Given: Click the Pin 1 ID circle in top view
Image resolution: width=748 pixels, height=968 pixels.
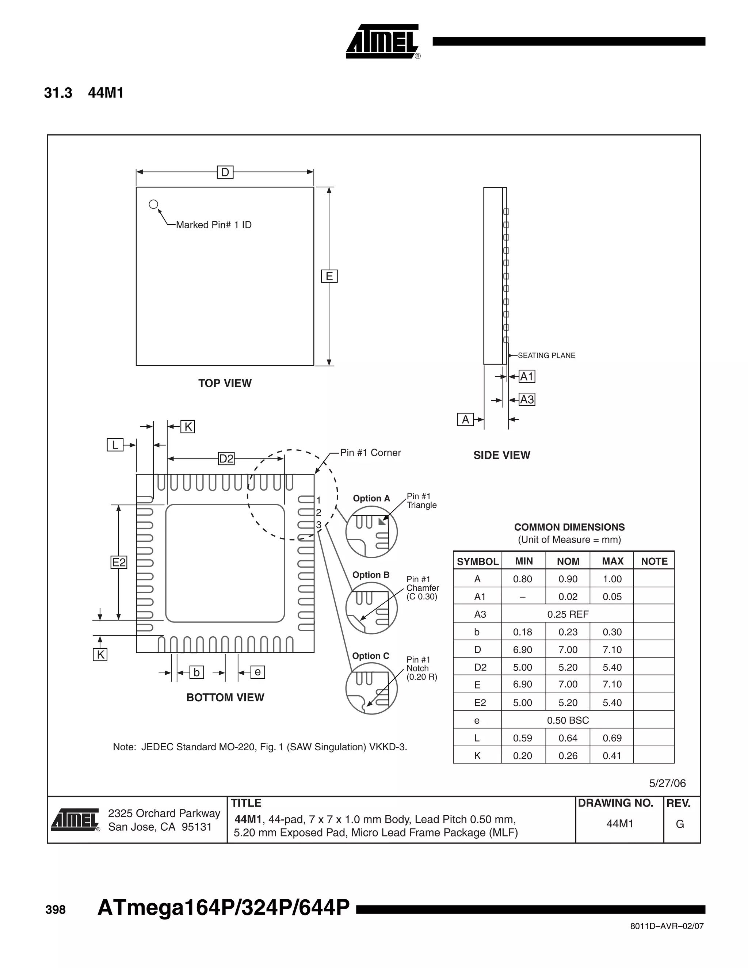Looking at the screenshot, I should coord(153,204).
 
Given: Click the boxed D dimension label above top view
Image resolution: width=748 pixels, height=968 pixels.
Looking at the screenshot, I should coord(225,172).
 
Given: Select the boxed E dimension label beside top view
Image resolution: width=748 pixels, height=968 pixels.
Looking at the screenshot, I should coord(329,276).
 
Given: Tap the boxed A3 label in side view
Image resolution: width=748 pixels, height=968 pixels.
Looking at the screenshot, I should coord(527,399).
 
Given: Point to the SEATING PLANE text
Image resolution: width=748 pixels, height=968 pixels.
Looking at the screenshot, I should coord(546,355).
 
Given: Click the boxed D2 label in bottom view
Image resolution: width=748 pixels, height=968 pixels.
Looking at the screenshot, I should coord(226,458).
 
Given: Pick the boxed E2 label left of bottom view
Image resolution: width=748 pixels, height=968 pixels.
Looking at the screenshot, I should coord(119,563).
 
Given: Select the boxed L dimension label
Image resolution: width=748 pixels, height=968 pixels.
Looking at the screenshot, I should coord(115,445).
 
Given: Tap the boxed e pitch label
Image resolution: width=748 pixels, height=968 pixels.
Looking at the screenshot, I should coord(257,672).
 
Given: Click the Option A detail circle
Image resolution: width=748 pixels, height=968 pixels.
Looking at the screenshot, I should coord(371,531).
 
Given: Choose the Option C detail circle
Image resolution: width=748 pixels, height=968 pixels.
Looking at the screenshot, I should coord(371,688).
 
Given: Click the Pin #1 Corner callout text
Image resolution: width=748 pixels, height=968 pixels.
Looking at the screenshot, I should coord(370,453).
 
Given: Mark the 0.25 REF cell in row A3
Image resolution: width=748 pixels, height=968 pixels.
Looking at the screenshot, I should coord(568,614).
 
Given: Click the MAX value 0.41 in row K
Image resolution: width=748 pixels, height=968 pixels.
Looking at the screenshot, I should coord(612,756).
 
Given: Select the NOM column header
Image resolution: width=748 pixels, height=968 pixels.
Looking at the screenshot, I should coord(568,561).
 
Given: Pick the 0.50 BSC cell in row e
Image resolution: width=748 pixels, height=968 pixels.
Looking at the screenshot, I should coord(568,720).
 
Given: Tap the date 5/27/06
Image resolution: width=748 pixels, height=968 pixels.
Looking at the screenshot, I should coord(667,783).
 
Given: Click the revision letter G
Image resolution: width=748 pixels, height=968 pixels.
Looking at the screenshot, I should coord(680,824).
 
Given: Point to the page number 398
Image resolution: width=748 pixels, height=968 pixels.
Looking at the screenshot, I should coord(56,910).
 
